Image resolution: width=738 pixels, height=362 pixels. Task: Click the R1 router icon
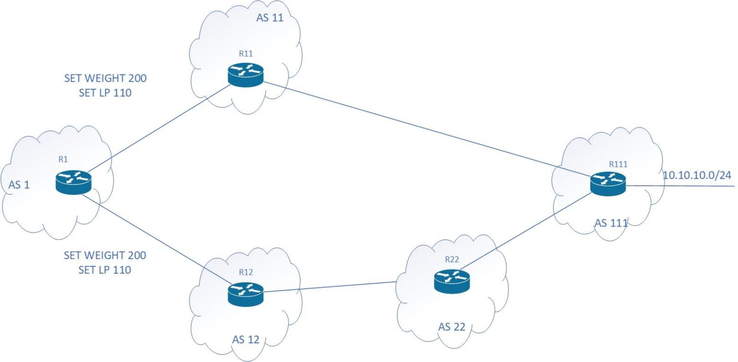pyautogui.click(x=73, y=182)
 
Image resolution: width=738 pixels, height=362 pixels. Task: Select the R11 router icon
pyautogui.click(x=246, y=75)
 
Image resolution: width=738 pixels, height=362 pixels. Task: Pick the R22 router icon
pyautogui.click(x=452, y=281)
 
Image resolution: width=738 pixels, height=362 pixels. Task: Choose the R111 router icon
pyautogui.click(x=608, y=183)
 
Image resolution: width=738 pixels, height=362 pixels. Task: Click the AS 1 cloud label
pyautogui.click(x=19, y=185)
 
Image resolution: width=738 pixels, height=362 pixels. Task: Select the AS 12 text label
pyautogui.click(x=246, y=340)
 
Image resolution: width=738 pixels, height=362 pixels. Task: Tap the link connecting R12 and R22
pyautogui.click(x=332, y=287)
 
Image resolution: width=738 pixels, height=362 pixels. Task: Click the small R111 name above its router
pyautogui.click(x=618, y=164)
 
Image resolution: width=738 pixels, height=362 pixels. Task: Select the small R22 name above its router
pyautogui.click(x=452, y=260)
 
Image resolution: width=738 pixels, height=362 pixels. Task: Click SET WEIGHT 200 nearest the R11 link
pyautogui.click(x=105, y=78)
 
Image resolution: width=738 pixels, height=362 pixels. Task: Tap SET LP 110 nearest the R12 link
pyautogui.click(x=105, y=270)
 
